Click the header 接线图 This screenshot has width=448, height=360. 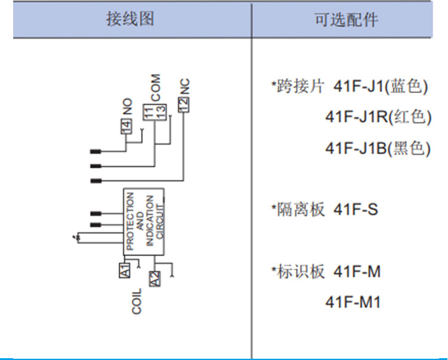130,19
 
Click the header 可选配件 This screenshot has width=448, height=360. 346,20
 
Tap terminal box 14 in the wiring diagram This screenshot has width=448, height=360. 126,126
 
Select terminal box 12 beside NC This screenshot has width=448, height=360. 183,104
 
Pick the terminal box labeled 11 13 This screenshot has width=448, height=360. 155,112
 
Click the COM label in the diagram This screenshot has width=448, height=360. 156,88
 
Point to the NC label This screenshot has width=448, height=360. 185,86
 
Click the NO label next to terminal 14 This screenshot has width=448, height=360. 127,106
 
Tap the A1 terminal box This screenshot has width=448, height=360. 125,270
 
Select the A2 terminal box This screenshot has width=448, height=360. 155,279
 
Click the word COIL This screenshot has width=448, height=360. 137,301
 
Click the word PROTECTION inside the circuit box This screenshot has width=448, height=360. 130,221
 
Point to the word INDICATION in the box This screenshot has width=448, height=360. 150,220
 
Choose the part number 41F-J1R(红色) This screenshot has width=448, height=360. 378,117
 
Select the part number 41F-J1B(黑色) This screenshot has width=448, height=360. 378,148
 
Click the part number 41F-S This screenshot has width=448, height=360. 356,210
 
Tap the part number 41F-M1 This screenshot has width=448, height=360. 353,301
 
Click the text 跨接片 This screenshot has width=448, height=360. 300,85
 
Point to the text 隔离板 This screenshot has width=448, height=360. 300,210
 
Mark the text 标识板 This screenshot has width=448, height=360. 300,271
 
